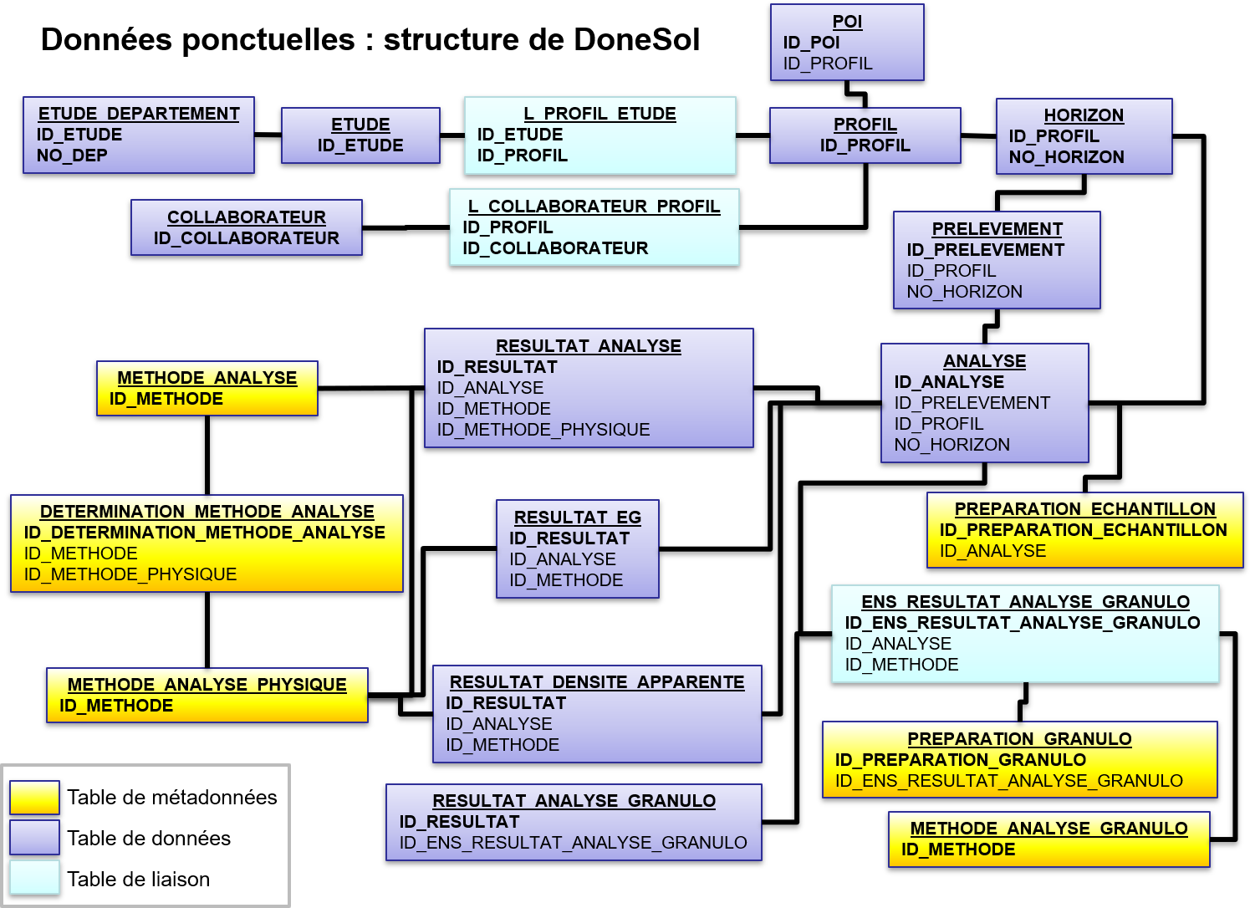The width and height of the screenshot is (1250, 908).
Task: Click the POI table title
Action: click(847, 22)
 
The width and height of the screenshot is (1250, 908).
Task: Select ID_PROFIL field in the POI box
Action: click(827, 64)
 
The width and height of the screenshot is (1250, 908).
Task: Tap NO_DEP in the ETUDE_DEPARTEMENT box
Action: click(72, 156)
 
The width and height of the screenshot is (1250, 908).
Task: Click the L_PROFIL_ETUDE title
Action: click(599, 114)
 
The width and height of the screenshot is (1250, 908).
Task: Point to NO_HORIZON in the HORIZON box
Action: click(1066, 157)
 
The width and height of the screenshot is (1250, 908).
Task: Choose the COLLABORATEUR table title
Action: click(246, 217)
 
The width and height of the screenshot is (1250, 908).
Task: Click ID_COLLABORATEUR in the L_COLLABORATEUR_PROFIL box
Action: click(555, 248)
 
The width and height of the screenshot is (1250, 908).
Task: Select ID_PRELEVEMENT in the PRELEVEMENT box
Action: click(985, 250)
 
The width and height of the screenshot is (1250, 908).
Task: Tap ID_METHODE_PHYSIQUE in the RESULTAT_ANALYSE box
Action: click(543, 430)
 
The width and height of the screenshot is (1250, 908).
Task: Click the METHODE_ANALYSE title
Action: click(207, 378)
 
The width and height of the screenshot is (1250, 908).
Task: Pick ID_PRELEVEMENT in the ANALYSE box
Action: click(972, 403)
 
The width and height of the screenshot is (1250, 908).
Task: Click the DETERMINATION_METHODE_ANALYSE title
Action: click(207, 512)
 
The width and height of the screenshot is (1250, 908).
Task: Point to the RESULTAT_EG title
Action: click(577, 518)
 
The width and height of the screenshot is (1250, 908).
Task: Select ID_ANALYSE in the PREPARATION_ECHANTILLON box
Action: click(992, 551)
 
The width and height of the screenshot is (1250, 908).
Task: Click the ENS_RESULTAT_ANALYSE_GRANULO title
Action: click(1025, 602)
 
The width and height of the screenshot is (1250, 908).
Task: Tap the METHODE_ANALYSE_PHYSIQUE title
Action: click(207, 685)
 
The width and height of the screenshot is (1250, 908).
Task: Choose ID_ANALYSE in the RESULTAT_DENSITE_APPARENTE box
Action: click(498, 724)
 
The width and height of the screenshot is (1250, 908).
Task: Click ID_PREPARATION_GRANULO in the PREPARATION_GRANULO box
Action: click(960, 760)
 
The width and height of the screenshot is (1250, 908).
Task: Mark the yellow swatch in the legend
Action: click(34, 798)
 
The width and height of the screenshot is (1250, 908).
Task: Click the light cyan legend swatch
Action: click(34, 877)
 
